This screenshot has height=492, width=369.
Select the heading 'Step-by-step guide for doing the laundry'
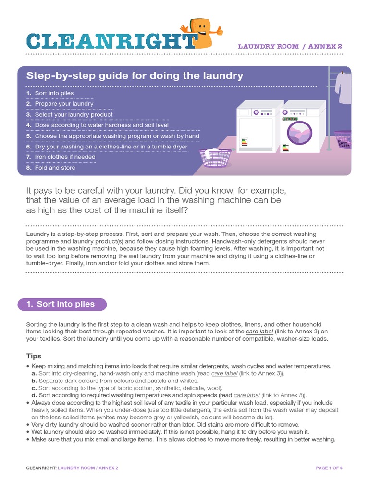(135, 76)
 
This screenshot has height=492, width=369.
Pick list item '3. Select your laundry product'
(70, 115)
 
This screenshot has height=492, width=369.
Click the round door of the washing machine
(299, 133)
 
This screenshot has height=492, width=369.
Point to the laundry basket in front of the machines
(216, 157)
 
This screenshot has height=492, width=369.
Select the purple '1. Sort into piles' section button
(62, 304)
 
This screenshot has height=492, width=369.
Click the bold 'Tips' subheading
(34, 356)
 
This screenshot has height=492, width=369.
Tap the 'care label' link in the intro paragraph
(259, 332)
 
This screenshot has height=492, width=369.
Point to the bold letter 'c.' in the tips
(34, 388)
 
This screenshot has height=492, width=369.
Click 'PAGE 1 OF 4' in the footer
(329, 467)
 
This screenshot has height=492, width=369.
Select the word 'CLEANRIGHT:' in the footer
(41, 467)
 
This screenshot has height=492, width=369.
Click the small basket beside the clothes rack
(343, 139)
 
